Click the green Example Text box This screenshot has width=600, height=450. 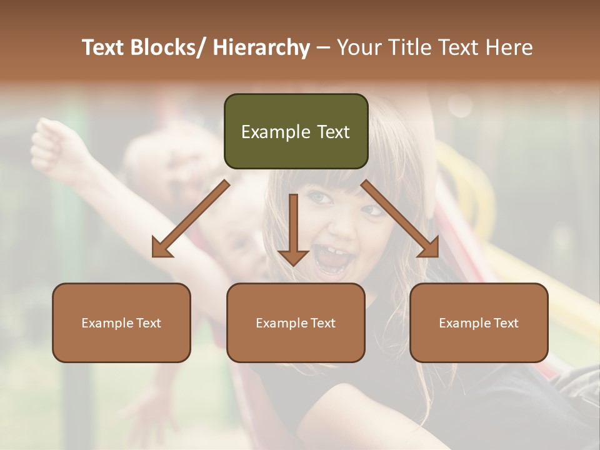pyautogui.click(x=296, y=131)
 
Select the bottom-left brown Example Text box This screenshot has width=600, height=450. pyautogui.click(x=121, y=322)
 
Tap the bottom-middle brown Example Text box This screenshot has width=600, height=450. pyautogui.click(x=296, y=322)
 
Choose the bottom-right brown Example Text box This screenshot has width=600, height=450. pyautogui.click(x=479, y=322)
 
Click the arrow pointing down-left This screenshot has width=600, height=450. pyautogui.click(x=191, y=219)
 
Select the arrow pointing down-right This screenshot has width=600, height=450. pyautogui.click(x=400, y=219)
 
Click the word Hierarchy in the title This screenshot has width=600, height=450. pyautogui.click(x=261, y=47)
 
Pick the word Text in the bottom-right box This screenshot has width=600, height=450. pyautogui.click(x=506, y=323)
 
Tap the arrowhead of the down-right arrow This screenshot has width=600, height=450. pyautogui.click(x=429, y=247)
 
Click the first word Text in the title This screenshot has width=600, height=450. pyautogui.click(x=104, y=47)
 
